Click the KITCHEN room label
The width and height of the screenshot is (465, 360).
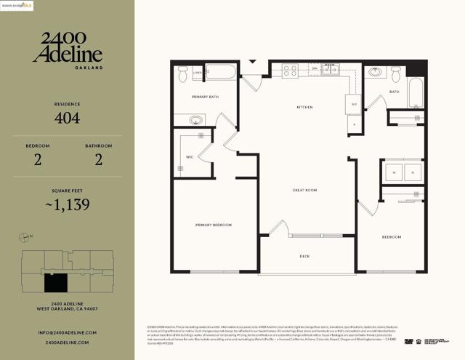(304, 108)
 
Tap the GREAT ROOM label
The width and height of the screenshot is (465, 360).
(304, 191)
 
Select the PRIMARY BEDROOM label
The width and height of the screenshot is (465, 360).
(214, 225)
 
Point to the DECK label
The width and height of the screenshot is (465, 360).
(305, 256)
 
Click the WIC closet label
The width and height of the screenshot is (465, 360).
(190, 156)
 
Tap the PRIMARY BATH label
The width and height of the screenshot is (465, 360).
(205, 97)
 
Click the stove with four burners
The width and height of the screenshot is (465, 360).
(290, 71)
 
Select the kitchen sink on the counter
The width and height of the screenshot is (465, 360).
(331, 70)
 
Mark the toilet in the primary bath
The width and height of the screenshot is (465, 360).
(182, 73)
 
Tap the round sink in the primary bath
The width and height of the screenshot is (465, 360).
(197, 120)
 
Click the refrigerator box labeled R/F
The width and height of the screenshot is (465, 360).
(353, 105)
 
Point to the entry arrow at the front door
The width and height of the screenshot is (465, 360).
(253, 62)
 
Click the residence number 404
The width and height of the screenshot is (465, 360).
(67, 117)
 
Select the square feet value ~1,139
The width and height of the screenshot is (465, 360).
(67, 204)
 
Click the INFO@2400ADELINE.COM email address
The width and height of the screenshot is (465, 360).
(67, 332)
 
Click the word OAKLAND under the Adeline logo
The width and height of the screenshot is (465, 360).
(88, 68)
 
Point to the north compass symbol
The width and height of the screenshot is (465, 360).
(26, 236)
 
